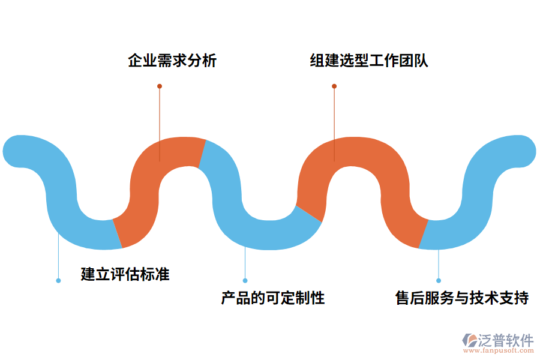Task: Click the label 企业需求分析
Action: [172, 61]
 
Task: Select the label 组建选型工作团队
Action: [368, 61]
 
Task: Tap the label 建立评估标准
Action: [125, 274]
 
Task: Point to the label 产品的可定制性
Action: [273, 298]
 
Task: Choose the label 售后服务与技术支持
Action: [461, 298]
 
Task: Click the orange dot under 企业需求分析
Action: [160, 86]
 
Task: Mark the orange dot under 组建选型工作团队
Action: [334, 86]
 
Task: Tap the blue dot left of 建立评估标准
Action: [58, 280]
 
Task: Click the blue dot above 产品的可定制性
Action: [245, 280]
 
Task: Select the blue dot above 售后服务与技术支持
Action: [439, 280]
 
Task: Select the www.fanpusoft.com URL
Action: [497, 351]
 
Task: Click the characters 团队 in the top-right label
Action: [414, 61]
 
